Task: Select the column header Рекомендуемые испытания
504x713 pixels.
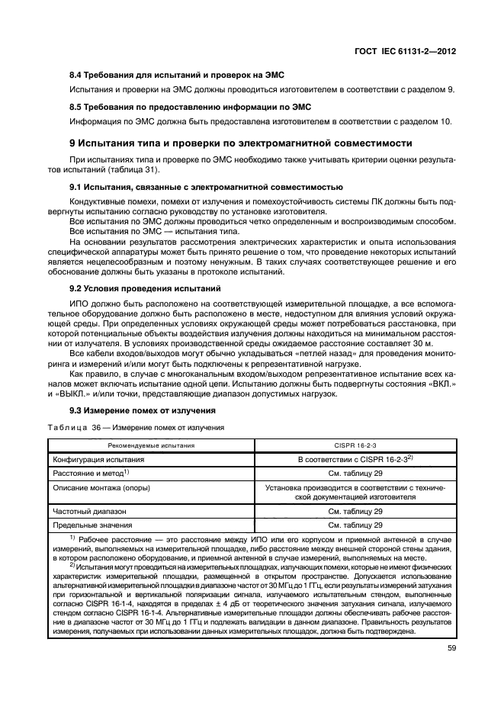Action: [x=149, y=445]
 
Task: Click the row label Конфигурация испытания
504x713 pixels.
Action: [x=98, y=460]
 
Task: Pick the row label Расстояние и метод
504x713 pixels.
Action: [x=90, y=473]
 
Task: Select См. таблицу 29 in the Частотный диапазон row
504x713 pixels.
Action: [x=355, y=512]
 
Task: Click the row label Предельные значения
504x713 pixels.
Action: [x=92, y=525]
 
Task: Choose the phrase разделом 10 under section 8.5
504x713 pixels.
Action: [x=427, y=120]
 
